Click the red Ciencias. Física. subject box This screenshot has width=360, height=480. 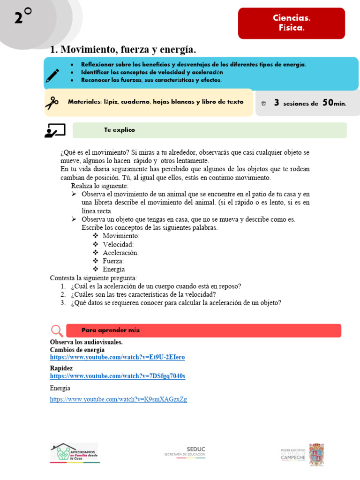pos(292,23)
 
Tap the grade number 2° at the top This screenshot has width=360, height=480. pos(22,17)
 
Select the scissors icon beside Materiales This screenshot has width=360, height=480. pos(52,102)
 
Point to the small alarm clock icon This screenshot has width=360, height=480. pos(263,103)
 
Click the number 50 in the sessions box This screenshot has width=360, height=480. pos(328,103)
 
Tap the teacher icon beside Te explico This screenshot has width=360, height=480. pos(55,130)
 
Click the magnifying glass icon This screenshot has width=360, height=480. pos(57,330)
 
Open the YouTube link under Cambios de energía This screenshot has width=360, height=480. pos(117,357)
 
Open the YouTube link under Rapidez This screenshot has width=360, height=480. pos(117,376)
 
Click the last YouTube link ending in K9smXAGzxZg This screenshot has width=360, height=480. pos(118,399)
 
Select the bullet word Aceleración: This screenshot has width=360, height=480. pos(120,253)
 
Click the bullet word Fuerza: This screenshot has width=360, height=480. pos(113,261)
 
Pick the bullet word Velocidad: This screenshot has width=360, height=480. pos(118,244)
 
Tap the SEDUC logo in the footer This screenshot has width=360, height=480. pos(185,451)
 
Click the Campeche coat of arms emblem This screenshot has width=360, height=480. pos(316,454)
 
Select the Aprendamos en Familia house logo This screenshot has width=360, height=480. pos(75,453)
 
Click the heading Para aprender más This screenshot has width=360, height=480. pos(111,330)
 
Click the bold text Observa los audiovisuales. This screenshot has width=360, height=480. pos(86,342)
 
